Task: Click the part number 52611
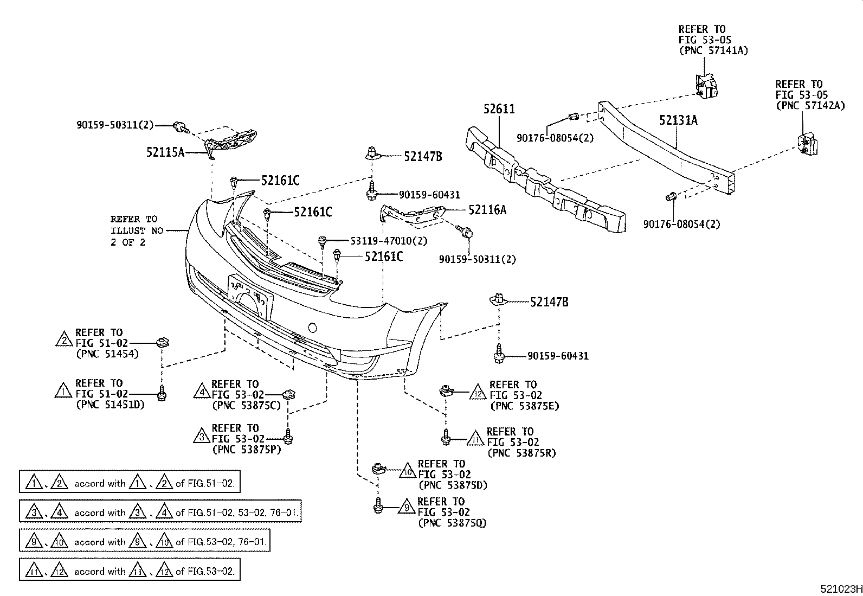499,109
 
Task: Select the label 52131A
678,120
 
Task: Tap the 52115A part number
165,153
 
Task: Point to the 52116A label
487,210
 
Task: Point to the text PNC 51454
107,354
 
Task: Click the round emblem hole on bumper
312,328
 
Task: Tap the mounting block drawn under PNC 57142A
806,144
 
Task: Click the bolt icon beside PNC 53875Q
378,506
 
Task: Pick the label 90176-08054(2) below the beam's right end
681,224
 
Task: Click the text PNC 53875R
521,453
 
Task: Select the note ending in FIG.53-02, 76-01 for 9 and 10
144,541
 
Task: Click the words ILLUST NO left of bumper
136,230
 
